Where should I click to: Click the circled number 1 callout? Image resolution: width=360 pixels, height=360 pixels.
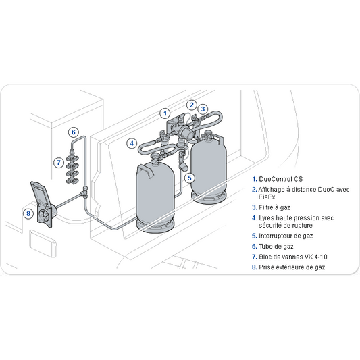[165, 113]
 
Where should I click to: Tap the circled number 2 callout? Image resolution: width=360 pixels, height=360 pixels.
[191, 105]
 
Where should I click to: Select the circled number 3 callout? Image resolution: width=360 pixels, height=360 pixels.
[203, 109]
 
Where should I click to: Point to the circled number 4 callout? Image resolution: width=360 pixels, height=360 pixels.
[132, 143]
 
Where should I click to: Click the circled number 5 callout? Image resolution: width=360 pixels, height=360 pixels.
[190, 178]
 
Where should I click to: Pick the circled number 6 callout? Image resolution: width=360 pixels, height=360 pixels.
[74, 132]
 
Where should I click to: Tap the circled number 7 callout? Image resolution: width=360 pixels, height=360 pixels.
[59, 163]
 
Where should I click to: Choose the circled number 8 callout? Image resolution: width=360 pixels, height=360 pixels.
[28, 213]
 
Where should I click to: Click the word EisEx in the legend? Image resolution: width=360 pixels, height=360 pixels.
[267, 197]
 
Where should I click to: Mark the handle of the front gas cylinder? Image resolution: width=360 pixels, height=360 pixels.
[145, 171]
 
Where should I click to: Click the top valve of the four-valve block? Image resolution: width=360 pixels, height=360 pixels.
[72, 159]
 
